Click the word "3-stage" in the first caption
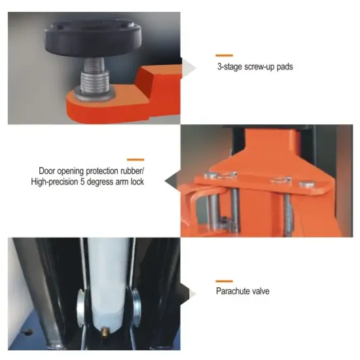click(230, 67)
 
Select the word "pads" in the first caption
click(285, 67)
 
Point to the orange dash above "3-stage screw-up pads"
click(224, 55)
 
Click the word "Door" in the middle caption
click(47, 171)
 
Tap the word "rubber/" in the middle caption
click(131, 171)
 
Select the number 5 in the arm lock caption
click(82, 182)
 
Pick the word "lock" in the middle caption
click(137, 182)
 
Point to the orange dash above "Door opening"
click(135, 160)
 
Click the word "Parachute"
click(233, 291)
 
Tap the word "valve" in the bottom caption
click(261, 291)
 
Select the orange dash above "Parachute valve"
click(224, 281)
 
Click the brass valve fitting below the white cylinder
click(105, 332)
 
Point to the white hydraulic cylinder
click(107, 282)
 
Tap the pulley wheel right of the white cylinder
click(136, 308)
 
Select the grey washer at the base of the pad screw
click(95, 96)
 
